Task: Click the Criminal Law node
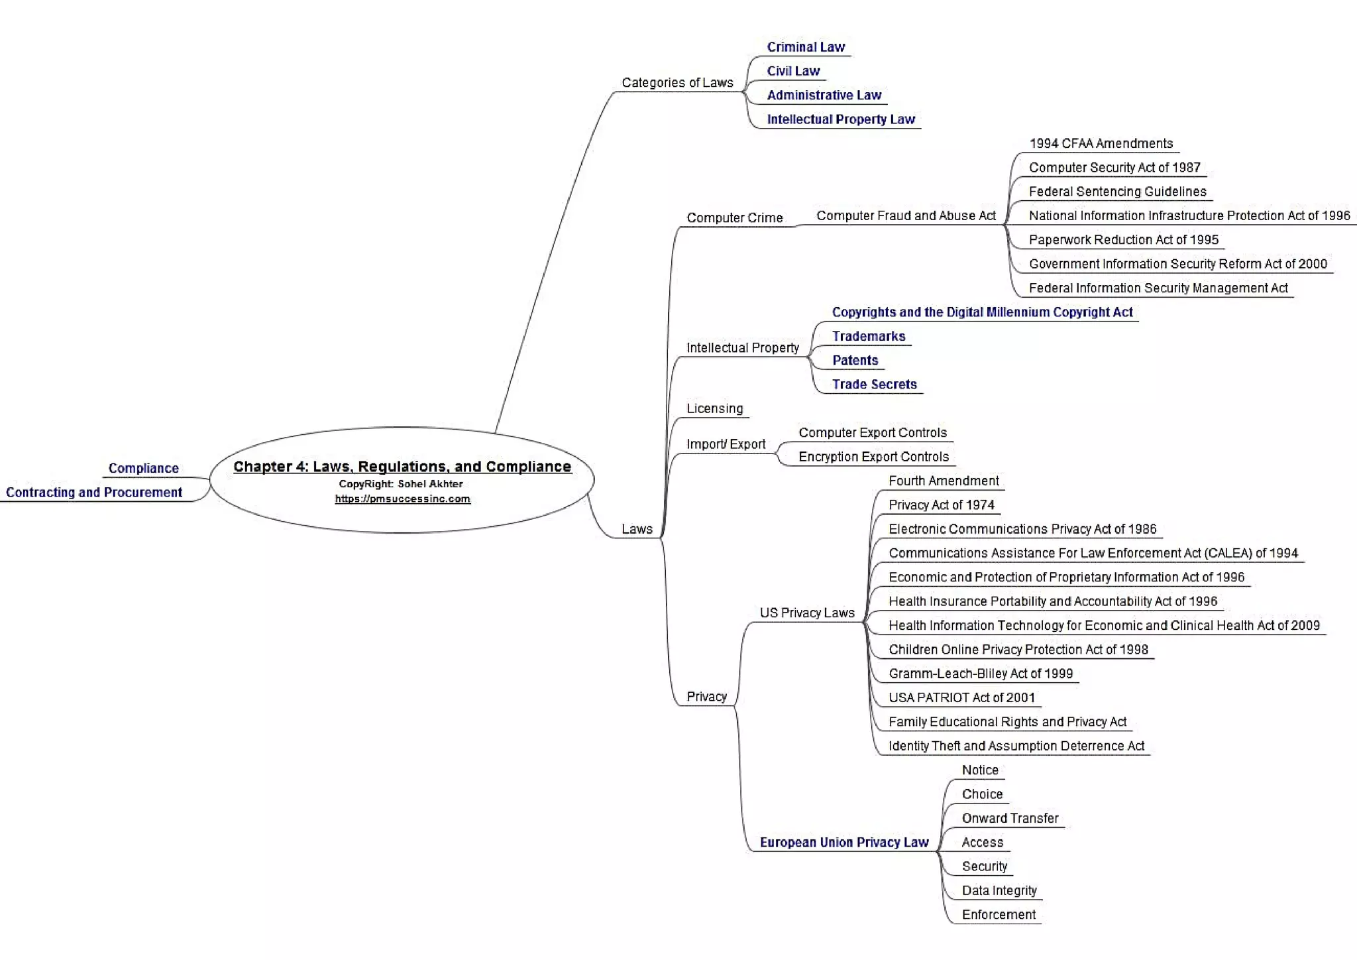(806, 47)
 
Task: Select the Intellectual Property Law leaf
(840, 119)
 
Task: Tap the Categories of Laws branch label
(677, 83)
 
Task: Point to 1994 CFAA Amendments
(1101, 144)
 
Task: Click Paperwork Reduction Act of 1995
(1123, 240)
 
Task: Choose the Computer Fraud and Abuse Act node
(906, 215)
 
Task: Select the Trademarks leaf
(868, 336)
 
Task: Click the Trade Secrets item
(874, 385)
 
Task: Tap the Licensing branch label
(714, 408)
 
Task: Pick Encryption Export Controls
(873, 457)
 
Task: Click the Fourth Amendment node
(943, 481)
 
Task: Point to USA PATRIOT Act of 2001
(961, 697)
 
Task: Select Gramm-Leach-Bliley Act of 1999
(980, 674)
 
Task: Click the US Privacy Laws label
(806, 613)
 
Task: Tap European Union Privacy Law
(843, 842)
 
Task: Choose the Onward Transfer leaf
(1010, 818)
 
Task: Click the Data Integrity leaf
(999, 890)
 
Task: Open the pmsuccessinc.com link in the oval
(402, 499)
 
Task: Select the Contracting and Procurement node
(94, 492)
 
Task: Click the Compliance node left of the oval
(143, 468)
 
